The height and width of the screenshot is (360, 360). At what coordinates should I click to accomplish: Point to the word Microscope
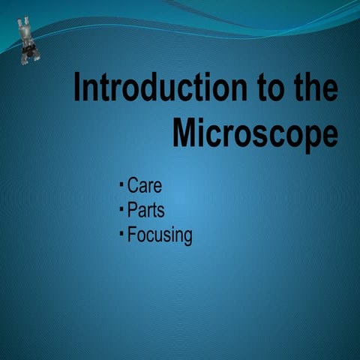[x=255, y=133]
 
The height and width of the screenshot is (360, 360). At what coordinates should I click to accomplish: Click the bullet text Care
[x=145, y=185]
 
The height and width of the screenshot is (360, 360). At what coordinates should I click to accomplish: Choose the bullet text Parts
[x=146, y=210]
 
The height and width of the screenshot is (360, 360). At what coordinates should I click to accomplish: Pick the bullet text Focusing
[x=160, y=235]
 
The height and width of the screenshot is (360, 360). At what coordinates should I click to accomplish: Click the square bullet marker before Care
[x=121, y=183]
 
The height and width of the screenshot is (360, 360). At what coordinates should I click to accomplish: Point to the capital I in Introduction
[x=78, y=88]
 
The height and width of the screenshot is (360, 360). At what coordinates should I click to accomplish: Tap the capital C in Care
[x=133, y=185]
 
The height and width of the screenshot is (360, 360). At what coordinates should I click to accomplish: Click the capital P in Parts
[x=133, y=210]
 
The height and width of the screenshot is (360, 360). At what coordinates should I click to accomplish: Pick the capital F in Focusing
[x=132, y=235]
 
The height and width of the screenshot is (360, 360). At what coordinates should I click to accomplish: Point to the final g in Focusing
[x=187, y=238]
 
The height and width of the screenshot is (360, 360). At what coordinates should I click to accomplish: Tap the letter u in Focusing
[x=159, y=236]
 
